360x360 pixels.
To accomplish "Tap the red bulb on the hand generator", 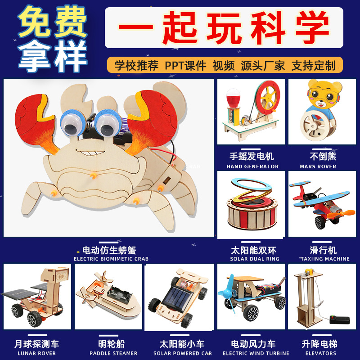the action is [x=233, y=98].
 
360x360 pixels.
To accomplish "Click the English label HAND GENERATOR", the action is [x=252, y=166].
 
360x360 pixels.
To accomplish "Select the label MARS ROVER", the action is [x=318, y=166].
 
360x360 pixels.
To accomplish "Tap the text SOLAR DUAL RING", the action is [x=255, y=259].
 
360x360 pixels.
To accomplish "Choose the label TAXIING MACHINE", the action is [x=324, y=259].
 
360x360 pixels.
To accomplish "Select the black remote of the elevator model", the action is [x=340, y=319].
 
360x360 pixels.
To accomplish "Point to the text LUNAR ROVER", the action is [x=37, y=353].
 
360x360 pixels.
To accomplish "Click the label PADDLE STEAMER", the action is [x=113, y=353].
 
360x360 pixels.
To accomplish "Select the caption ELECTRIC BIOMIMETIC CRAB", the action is [x=111, y=259].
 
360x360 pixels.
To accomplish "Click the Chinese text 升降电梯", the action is [x=319, y=344].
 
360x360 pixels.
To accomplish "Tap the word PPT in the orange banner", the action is [x=174, y=66].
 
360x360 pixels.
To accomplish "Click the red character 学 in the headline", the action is [x=313, y=27].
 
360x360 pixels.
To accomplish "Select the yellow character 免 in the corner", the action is [x=35, y=21].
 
